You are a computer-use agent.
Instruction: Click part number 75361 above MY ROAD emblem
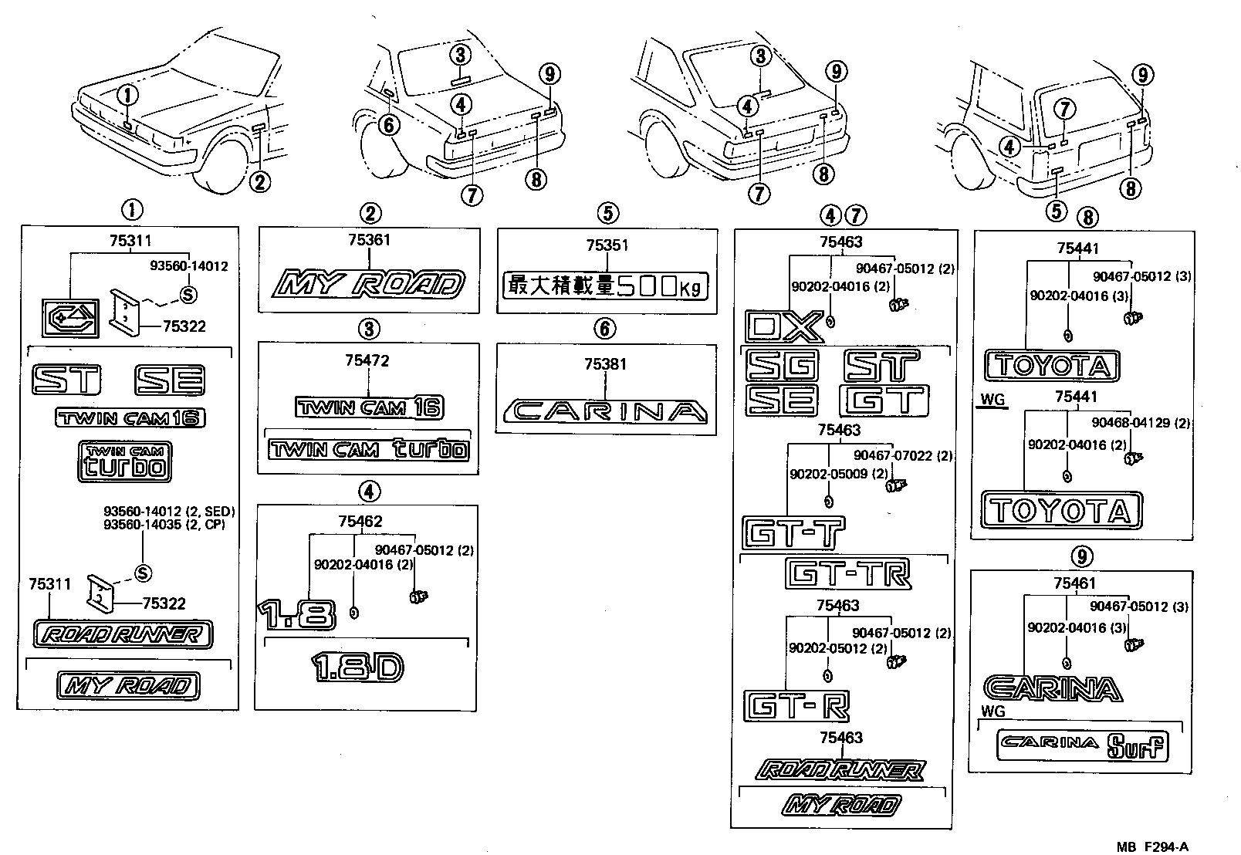click(369, 240)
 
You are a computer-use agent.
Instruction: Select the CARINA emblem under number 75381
click(604, 411)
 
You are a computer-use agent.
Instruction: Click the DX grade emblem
click(783, 327)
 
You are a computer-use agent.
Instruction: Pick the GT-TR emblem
click(848, 573)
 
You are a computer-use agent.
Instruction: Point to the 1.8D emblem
click(357, 667)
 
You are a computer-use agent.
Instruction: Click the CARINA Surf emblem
click(1081, 744)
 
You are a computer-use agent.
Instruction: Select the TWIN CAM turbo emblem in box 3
click(368, 449)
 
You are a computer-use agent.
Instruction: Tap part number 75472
click(367, 360)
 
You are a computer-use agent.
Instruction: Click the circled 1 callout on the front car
click(128, 96)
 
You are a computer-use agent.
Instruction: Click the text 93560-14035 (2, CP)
click(169, 524)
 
